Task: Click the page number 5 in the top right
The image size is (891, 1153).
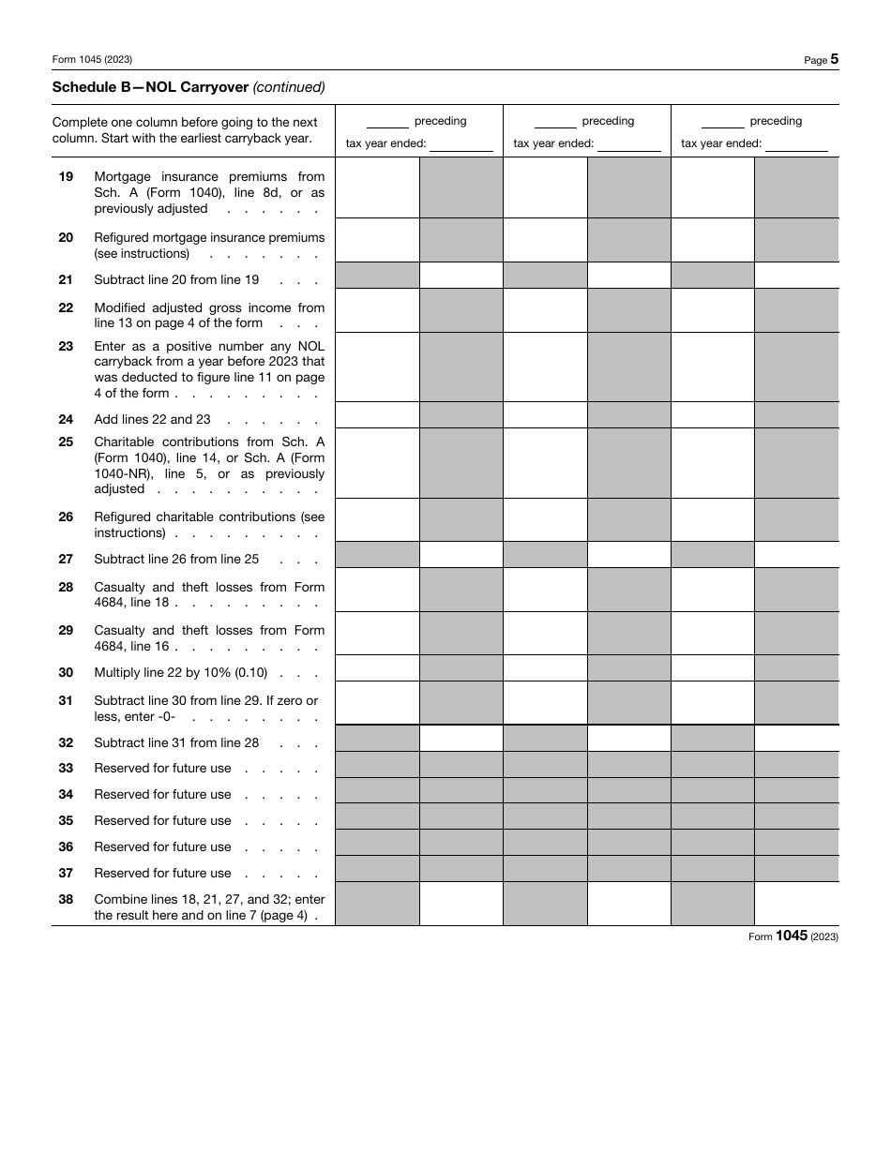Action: point(834,59)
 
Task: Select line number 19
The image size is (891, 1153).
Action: point(66,176)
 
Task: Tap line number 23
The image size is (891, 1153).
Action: point(66,346)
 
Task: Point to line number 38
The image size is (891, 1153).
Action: point(66,899)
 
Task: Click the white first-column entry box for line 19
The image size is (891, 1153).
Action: point(377,187)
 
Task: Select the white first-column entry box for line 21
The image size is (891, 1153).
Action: point(461,275)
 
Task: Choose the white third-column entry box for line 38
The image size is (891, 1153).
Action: point(796,904)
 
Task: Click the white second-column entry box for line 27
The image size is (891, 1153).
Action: point(628,554)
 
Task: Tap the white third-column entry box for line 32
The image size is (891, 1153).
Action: point(796,738)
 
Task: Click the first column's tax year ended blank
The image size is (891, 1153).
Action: point(461,143)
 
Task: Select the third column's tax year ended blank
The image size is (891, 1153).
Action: point(795,143)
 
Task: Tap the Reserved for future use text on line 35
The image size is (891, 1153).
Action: point(162,820)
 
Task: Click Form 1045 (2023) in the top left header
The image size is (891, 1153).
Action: point(92,59)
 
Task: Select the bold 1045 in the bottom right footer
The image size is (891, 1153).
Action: point(792,936)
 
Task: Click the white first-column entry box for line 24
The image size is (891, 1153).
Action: point(377,414)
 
